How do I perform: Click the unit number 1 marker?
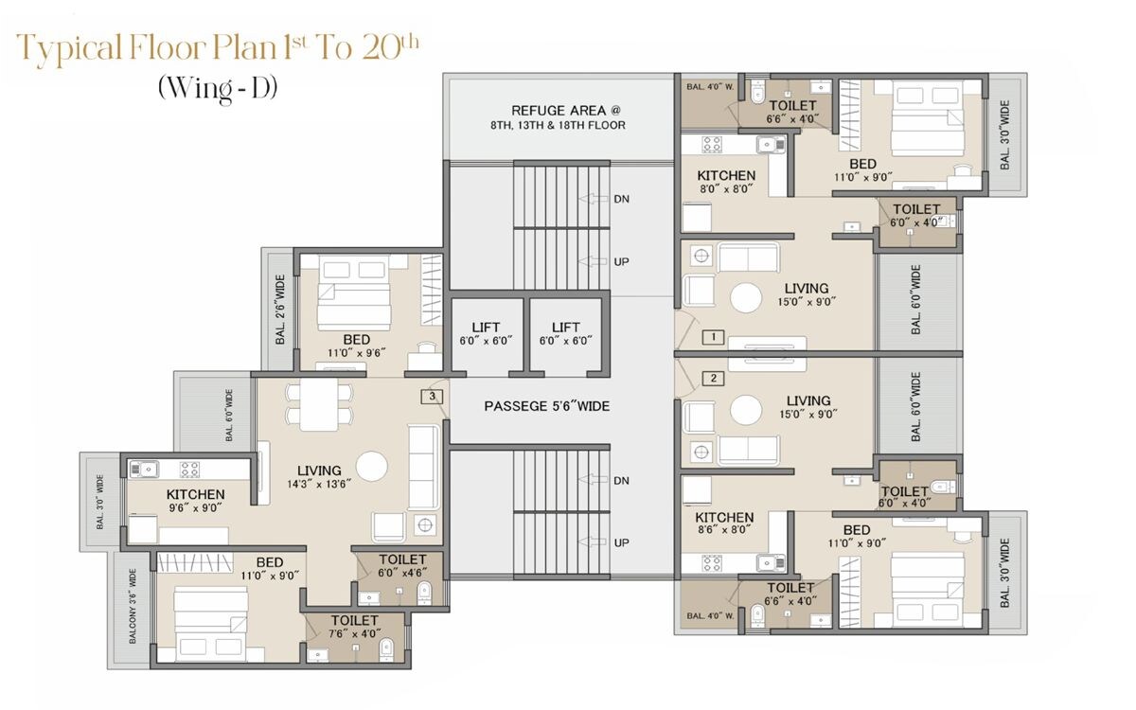click(713, 336)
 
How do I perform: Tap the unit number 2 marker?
click(713, 379)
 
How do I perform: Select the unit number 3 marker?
click(433, 397)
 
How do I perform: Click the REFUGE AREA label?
click(557, 111)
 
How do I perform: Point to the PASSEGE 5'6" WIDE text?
click(546, 406)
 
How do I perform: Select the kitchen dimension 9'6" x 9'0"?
click(195, 507)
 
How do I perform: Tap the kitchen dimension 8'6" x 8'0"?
click(724, 530)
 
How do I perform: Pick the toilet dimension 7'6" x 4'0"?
click(355, 633)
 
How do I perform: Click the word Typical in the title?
click(72, 48)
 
